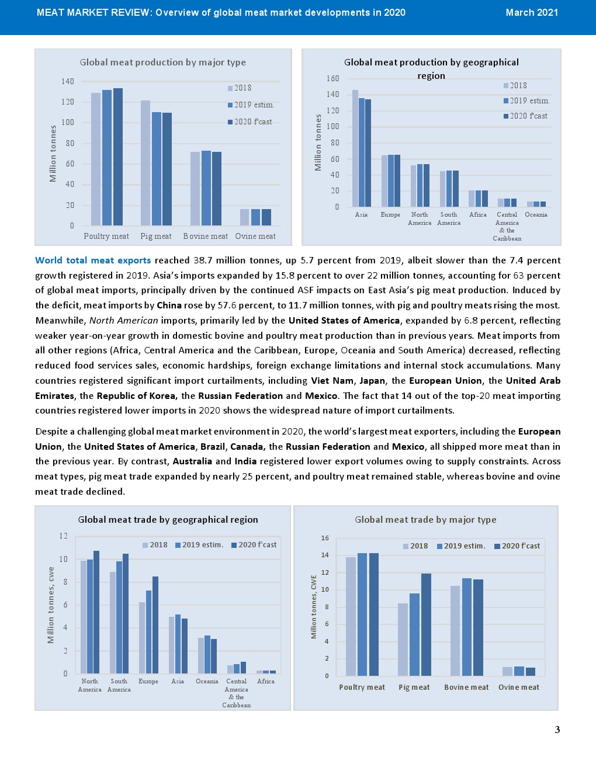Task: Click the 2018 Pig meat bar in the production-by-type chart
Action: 145,163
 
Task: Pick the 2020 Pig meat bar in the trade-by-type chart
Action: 426,624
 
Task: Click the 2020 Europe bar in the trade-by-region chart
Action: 155,625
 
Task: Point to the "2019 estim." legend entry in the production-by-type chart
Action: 251,105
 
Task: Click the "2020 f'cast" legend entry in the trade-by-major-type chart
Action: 517,546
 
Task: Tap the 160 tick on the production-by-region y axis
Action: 332,78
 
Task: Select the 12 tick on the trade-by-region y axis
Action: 64,536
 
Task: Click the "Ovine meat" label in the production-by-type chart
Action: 255,237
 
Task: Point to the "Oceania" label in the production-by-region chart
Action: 536,215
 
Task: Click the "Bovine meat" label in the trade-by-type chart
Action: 466,687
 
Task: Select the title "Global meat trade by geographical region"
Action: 168,520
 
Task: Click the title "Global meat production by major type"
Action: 163,62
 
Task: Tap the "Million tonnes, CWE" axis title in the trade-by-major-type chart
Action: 314,607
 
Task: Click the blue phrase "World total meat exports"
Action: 93,261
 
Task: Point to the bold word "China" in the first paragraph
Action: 169,305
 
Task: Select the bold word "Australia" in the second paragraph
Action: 192,461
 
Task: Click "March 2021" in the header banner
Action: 532,13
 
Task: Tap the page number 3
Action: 557,730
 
